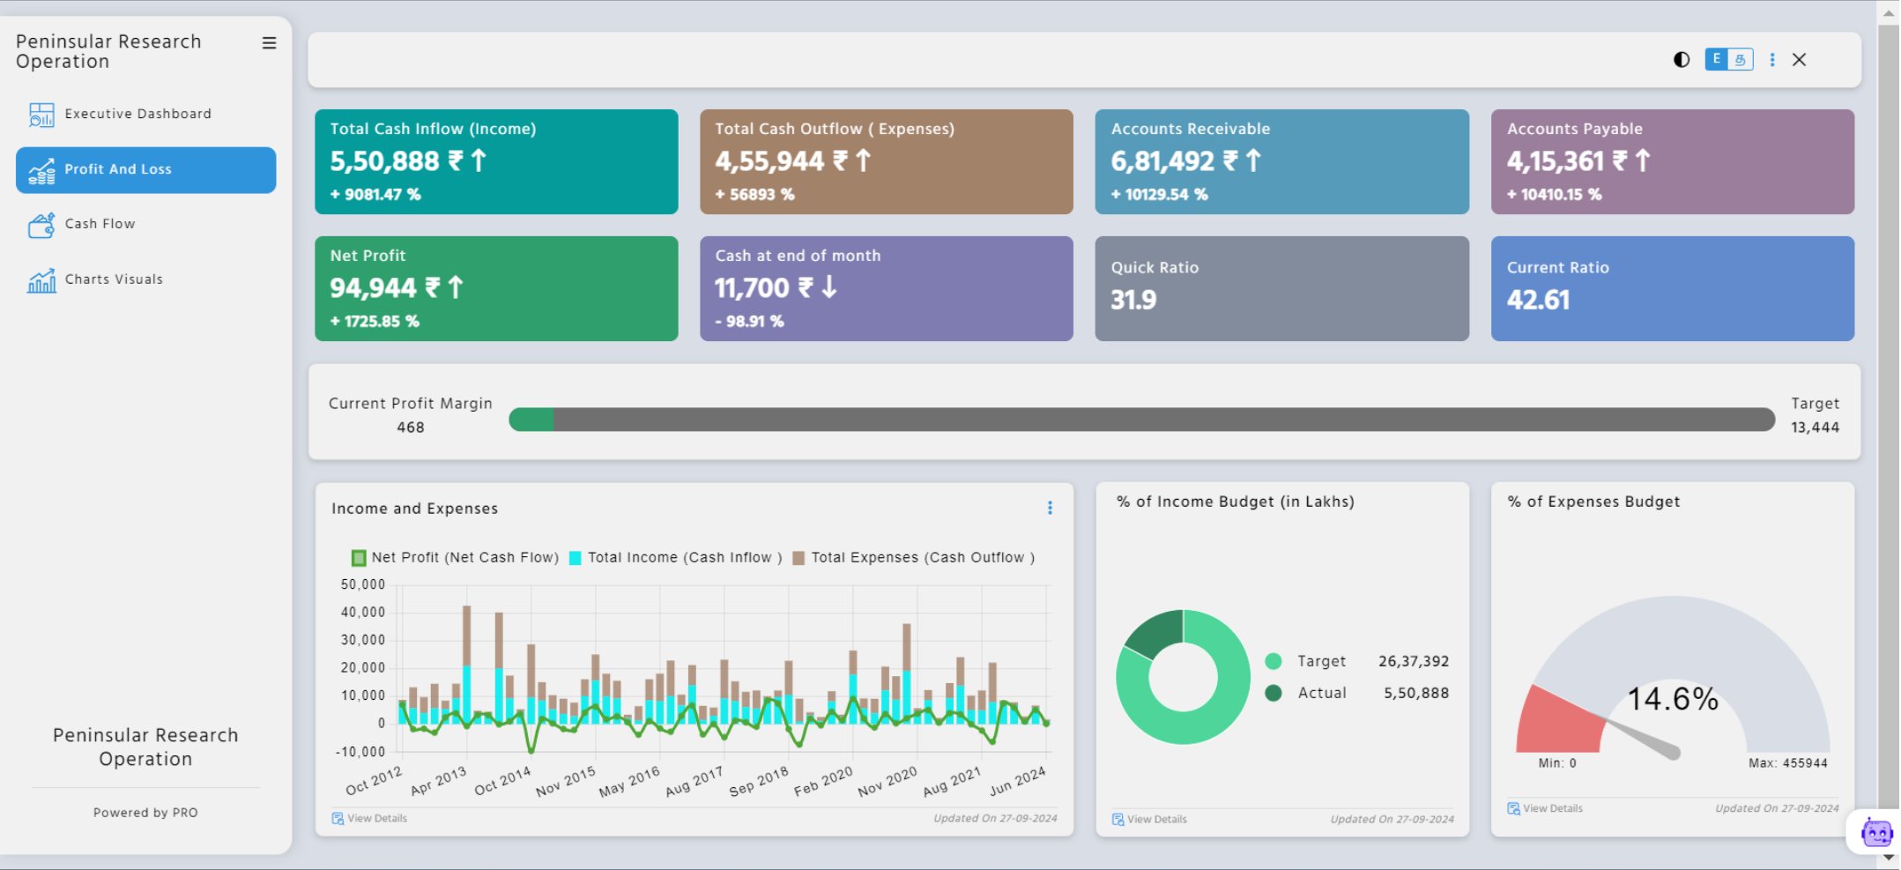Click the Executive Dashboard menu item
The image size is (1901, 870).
(137, 114)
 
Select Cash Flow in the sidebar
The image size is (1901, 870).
(100, 224)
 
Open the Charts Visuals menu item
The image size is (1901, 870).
(113, 279)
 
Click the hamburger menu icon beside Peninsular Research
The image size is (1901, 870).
(269, 43)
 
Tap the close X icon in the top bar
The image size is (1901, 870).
(1799, 60)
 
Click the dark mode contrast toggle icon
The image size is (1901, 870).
(1681, 60)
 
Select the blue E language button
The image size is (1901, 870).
(1716, 59)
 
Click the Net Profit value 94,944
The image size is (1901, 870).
(373, 288)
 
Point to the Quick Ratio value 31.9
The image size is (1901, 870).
(1132, 301)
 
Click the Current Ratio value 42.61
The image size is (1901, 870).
(1538, 301)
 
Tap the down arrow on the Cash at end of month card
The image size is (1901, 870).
(829, 287)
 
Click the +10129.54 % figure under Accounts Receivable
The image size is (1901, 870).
(1159, 195)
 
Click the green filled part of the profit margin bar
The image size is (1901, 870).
(531, 420)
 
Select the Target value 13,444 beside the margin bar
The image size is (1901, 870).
(1814, 428)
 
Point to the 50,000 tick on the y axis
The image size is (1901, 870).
(363, 584)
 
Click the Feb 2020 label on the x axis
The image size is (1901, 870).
(823, 781)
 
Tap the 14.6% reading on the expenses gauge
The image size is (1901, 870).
(1672, 699)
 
